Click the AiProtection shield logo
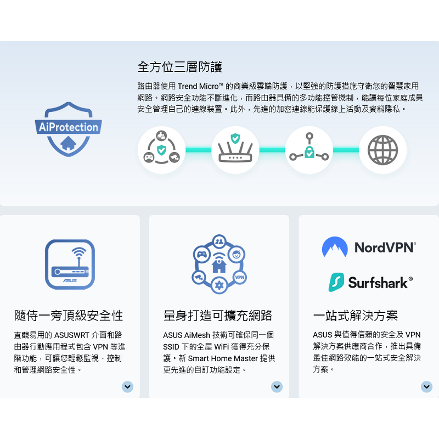point(69,128)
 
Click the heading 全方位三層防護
point(179,67)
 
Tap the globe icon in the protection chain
point(382,150)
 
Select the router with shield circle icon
point(235,150)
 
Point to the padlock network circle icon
point(309,150)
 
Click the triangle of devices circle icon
point(161,150)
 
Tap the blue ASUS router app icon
point(70,264)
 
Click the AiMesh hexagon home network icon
point(219,263)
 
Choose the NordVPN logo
point(369,247)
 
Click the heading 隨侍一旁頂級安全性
point(69,316)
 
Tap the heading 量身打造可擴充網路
point(218,316)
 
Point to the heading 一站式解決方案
point(355,316)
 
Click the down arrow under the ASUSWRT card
point(127,387)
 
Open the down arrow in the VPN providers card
point(426,387)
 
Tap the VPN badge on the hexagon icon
point(239,277)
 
